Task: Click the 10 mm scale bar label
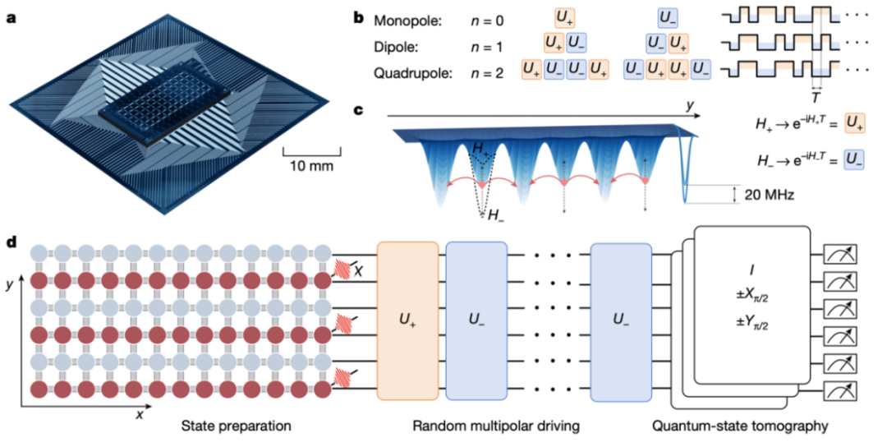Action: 311,165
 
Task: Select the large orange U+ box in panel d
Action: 407,320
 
